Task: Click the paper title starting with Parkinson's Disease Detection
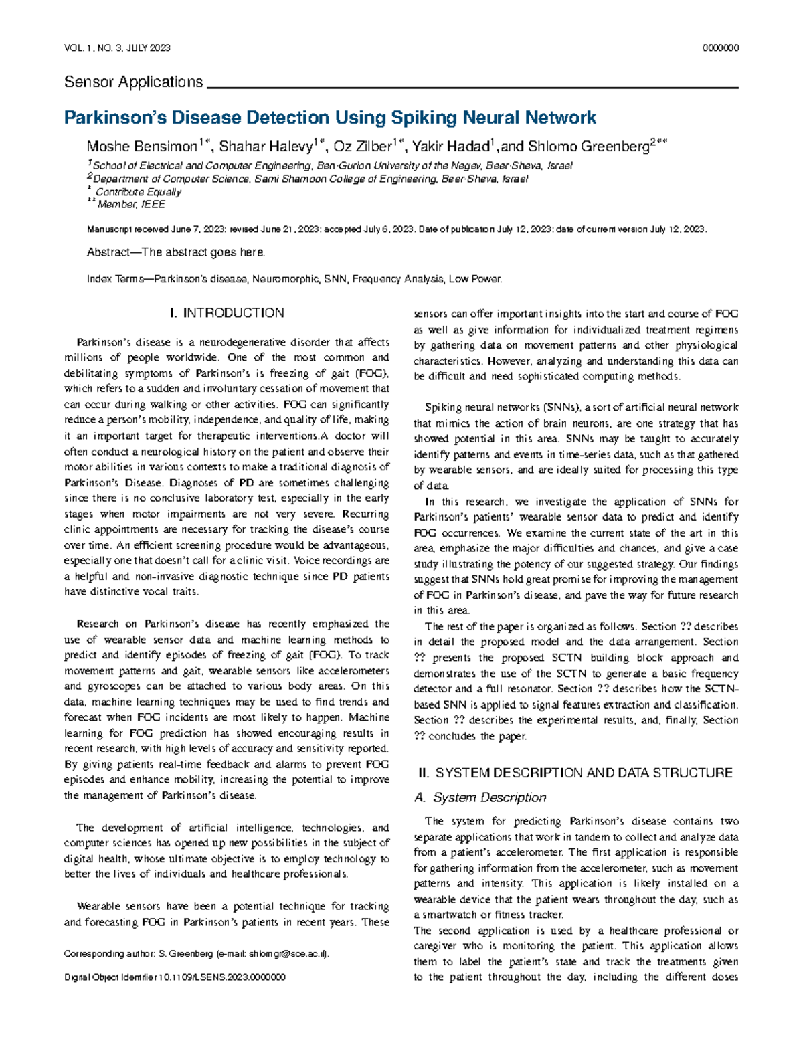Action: [329, 118]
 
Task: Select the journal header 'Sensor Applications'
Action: [133, 82]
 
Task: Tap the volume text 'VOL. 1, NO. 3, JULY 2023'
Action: [117, 48]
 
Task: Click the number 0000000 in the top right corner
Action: [720, 48]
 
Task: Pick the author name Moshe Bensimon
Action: [141, 147]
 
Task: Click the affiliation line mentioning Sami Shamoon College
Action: [310, 179]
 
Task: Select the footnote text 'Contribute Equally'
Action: [138, 192]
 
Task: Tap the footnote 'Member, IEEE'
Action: [131, 205]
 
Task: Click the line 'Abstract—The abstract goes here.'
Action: [176, 252]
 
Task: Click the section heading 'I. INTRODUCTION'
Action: [227, 313]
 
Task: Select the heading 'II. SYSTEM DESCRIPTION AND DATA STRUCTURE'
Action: [575, 773]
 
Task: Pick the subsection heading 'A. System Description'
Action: [480, 797]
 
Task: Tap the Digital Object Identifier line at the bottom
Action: [175, 977]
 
